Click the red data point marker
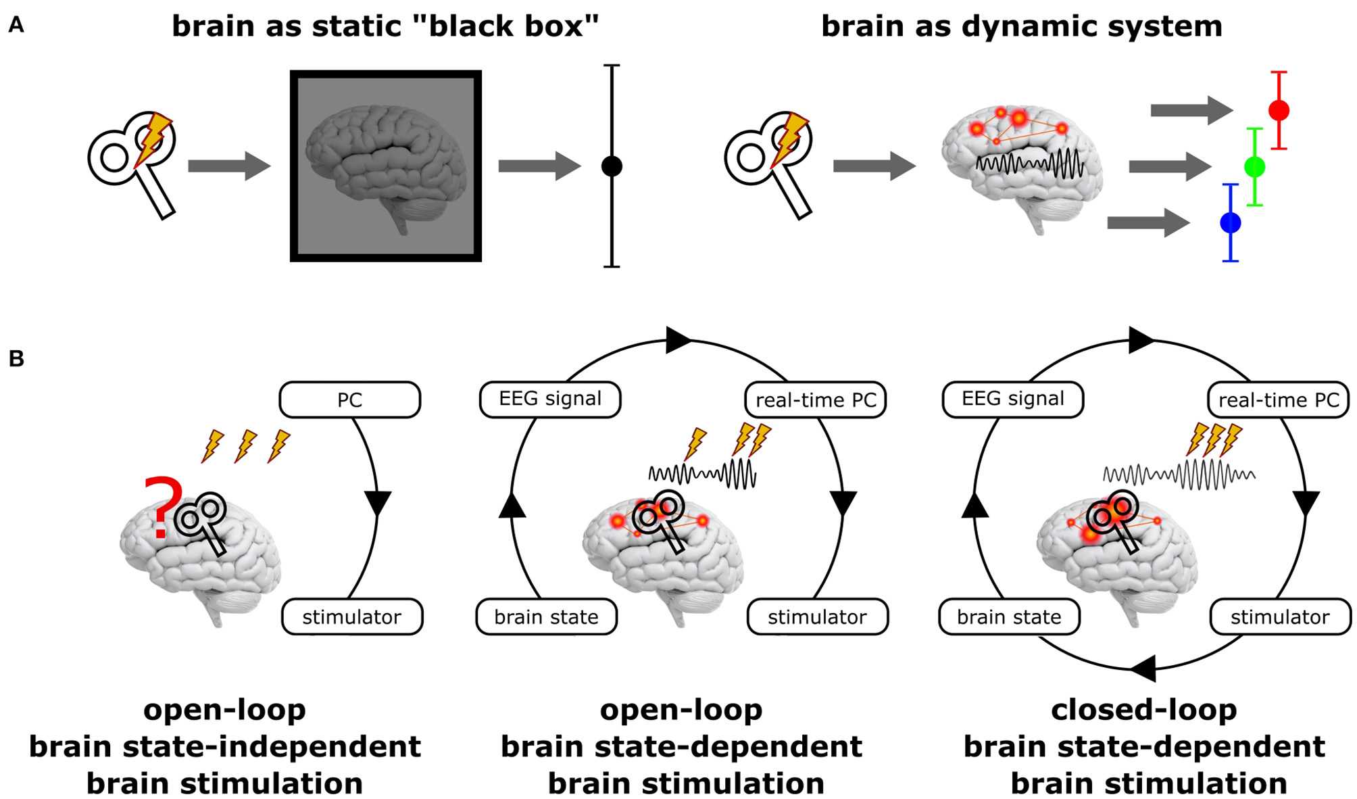pos(1278,110)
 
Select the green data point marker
pos(1254,166)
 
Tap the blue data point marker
pos(1230,222)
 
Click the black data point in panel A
pos(612,166)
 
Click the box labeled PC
pos(349,399)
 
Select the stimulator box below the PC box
pos(351,616)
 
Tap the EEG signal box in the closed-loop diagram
pos(1012,399)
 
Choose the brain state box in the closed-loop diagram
pos(1009,616)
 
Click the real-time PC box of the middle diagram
pos(815,399)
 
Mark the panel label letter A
pos(16,26)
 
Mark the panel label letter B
pos(16,358)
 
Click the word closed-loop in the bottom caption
pos(1143,710)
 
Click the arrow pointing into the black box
pos(229,166)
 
